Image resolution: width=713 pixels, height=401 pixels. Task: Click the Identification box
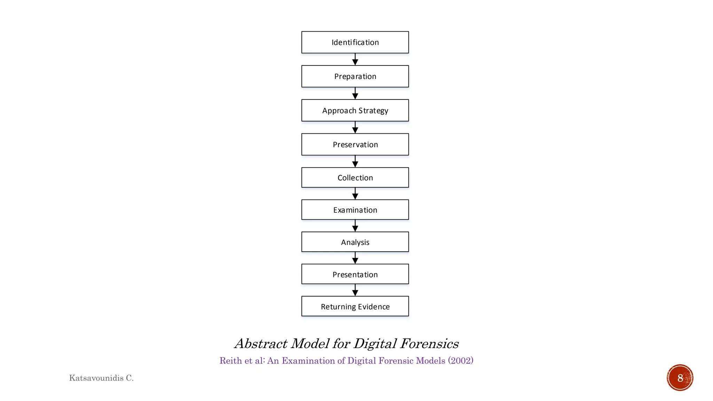355,42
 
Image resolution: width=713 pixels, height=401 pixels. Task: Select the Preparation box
355,77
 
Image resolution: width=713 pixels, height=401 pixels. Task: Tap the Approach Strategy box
355,111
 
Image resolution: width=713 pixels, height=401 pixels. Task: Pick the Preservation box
355,144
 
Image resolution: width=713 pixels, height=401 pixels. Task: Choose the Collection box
355,178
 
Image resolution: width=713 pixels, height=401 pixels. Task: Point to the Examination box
355,210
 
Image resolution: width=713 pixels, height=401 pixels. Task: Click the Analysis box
355,242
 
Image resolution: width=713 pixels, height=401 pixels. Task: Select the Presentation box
355,274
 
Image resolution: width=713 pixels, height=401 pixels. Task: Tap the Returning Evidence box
355,306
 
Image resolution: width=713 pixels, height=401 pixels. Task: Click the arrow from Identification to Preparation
355,60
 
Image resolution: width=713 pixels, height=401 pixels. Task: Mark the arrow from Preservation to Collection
355,162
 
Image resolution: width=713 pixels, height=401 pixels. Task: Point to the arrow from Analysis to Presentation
355,258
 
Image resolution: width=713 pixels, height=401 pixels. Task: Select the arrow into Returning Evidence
355,290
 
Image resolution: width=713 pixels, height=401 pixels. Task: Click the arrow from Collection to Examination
355,194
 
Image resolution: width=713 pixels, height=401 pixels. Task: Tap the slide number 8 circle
680,378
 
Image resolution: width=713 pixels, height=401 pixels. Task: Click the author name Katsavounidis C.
101,378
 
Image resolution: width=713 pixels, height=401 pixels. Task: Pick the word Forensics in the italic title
429,344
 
